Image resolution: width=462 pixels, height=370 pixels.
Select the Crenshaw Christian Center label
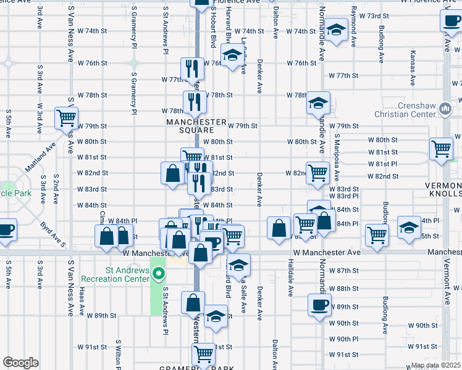click(x=405, y=110)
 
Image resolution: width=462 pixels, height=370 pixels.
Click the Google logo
click(x=20, y=363)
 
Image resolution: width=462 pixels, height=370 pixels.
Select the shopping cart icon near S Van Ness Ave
click(x=66, y=117)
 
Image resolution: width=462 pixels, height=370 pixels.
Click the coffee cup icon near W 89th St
click(x=320, y=305)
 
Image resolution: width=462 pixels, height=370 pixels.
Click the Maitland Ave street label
click(x=41, y=158)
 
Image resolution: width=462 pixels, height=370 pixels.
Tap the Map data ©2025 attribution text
click(x=435, y=365)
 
